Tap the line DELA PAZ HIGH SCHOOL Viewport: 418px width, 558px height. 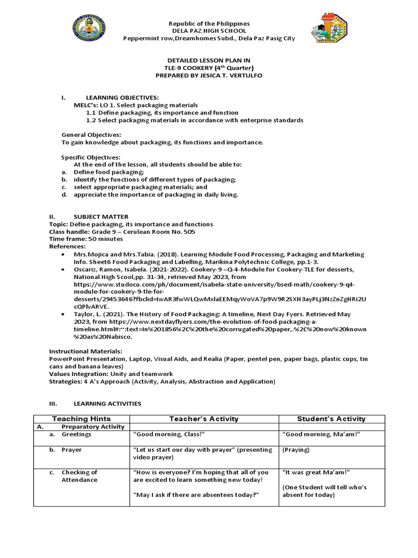tap(209, 31)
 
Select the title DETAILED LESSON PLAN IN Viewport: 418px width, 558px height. tap(209, 60)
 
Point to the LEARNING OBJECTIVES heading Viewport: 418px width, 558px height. tap(122, 97)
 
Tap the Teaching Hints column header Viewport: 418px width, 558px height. tap(81, 419)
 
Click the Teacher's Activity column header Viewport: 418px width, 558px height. tap(204, 419)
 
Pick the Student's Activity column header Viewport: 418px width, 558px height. tap(331, 419)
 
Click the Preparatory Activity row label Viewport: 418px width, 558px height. tap(93, 427)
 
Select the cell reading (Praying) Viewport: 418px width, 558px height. tap(296, 450)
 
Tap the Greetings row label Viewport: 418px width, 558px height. tap(77, 434)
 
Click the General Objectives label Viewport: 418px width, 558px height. tap(91, 135)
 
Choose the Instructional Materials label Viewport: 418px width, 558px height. tap(85, 352)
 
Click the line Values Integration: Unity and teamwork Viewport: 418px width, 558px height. tap(111, 374)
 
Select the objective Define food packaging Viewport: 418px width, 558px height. tap(109, 172)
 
